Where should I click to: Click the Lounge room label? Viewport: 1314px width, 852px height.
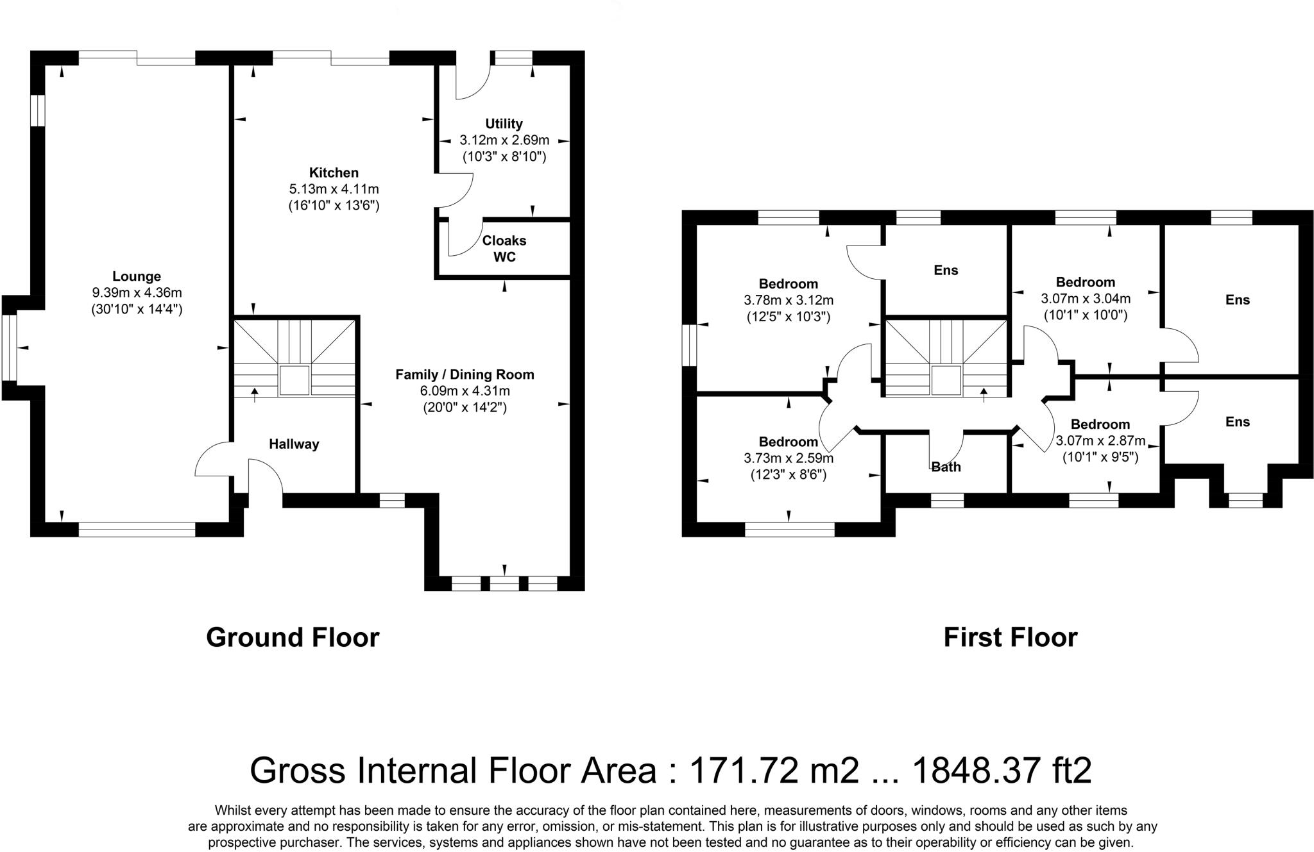pyautogui.click(x=136, y=276)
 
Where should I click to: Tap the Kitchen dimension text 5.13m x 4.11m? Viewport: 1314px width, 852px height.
pyautogui.click(x=334, y=189)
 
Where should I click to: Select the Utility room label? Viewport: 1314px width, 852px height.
pyautogui.click(x=504, y=124)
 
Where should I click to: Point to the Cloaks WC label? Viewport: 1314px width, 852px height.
pyautogui.click(x=504, y=249)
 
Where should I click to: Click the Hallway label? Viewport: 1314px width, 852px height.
pyautogui.click(x=294, y=444)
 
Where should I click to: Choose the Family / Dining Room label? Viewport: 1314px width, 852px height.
pyautogui.click(x=465, y=374)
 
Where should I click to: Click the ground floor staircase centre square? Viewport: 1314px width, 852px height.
pyautogui.click(x=294, y=381)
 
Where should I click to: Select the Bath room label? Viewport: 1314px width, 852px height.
pyautogui.click(x=946, y=467)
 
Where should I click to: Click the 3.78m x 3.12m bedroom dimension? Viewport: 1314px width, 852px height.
pyautogui.click(x=789, y=300)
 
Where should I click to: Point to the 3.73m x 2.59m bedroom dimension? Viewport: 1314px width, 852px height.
pyautogui.click(x=789, y=458)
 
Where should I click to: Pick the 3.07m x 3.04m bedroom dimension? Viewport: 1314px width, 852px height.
pyautogui.click(x=1086, y=299)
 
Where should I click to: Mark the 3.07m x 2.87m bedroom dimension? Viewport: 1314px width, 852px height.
pyautogui.click(x=1100, y=441)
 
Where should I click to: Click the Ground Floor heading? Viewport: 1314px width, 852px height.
pyautogui.click(x=293, y=637)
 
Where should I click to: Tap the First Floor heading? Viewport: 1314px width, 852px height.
pyautogui.click(x=1010, y=637)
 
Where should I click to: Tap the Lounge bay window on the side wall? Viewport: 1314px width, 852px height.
pyautogui.click(x=9, y=347)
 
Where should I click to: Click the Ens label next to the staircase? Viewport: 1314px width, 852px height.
pyautogui.click(x=946, y=270)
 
